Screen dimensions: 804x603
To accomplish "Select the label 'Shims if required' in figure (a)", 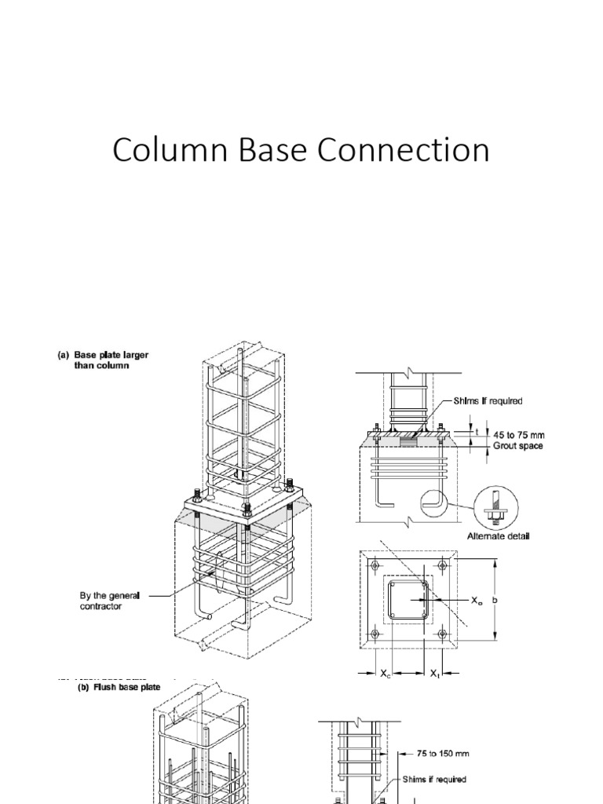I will pos(488,400).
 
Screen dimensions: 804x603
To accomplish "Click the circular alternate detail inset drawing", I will pos(494,508).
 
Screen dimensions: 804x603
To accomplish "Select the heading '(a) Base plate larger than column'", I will pos(102,360).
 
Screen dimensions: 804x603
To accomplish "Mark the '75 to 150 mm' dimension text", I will pos(441,753).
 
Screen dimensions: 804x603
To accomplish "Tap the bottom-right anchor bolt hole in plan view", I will pos(443,633).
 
